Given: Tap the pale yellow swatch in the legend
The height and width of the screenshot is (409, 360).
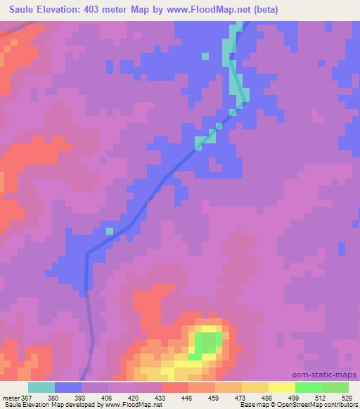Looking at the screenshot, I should (x=282, y=387).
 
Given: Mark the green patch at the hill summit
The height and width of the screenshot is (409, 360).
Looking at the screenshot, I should (x=207, y=344).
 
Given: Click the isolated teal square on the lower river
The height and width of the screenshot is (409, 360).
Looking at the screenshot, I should (x=109, y=231).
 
